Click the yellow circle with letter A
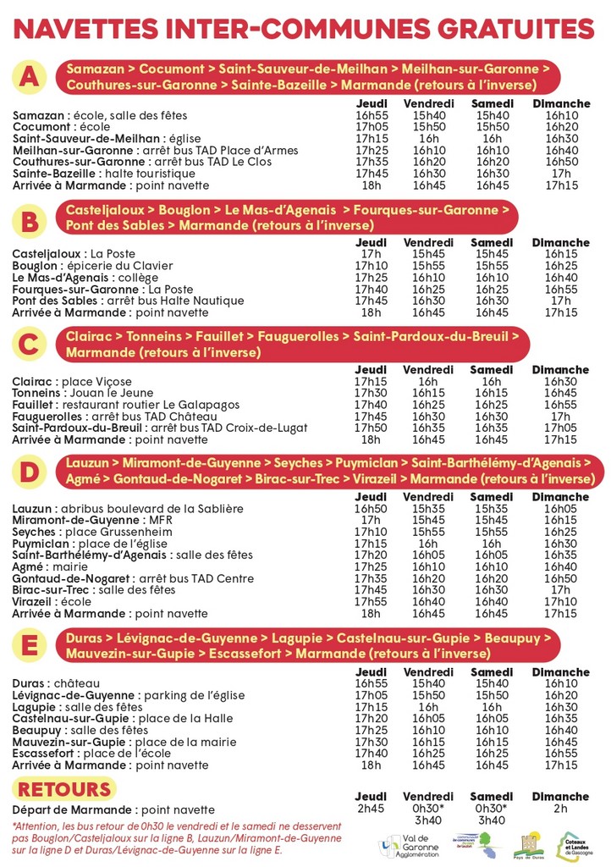(30, 77)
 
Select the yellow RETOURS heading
(65, 790)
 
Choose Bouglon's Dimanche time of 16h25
(561, 265)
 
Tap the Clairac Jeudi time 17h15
(371, 381)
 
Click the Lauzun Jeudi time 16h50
(371, 508)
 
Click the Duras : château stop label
(56, 683)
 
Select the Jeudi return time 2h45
(371, 809)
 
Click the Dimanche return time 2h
(561, 809)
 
